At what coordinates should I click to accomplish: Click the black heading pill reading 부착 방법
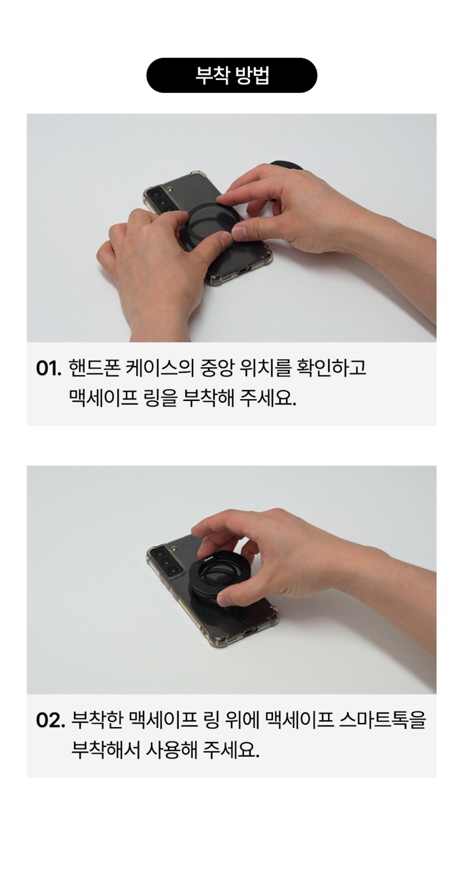pos(232,75)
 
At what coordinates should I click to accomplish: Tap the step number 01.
pos(49,369)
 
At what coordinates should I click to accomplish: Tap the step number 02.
pos(50,721)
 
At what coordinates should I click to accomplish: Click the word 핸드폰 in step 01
pos(94,368)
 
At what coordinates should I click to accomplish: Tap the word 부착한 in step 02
pos(97,720)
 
